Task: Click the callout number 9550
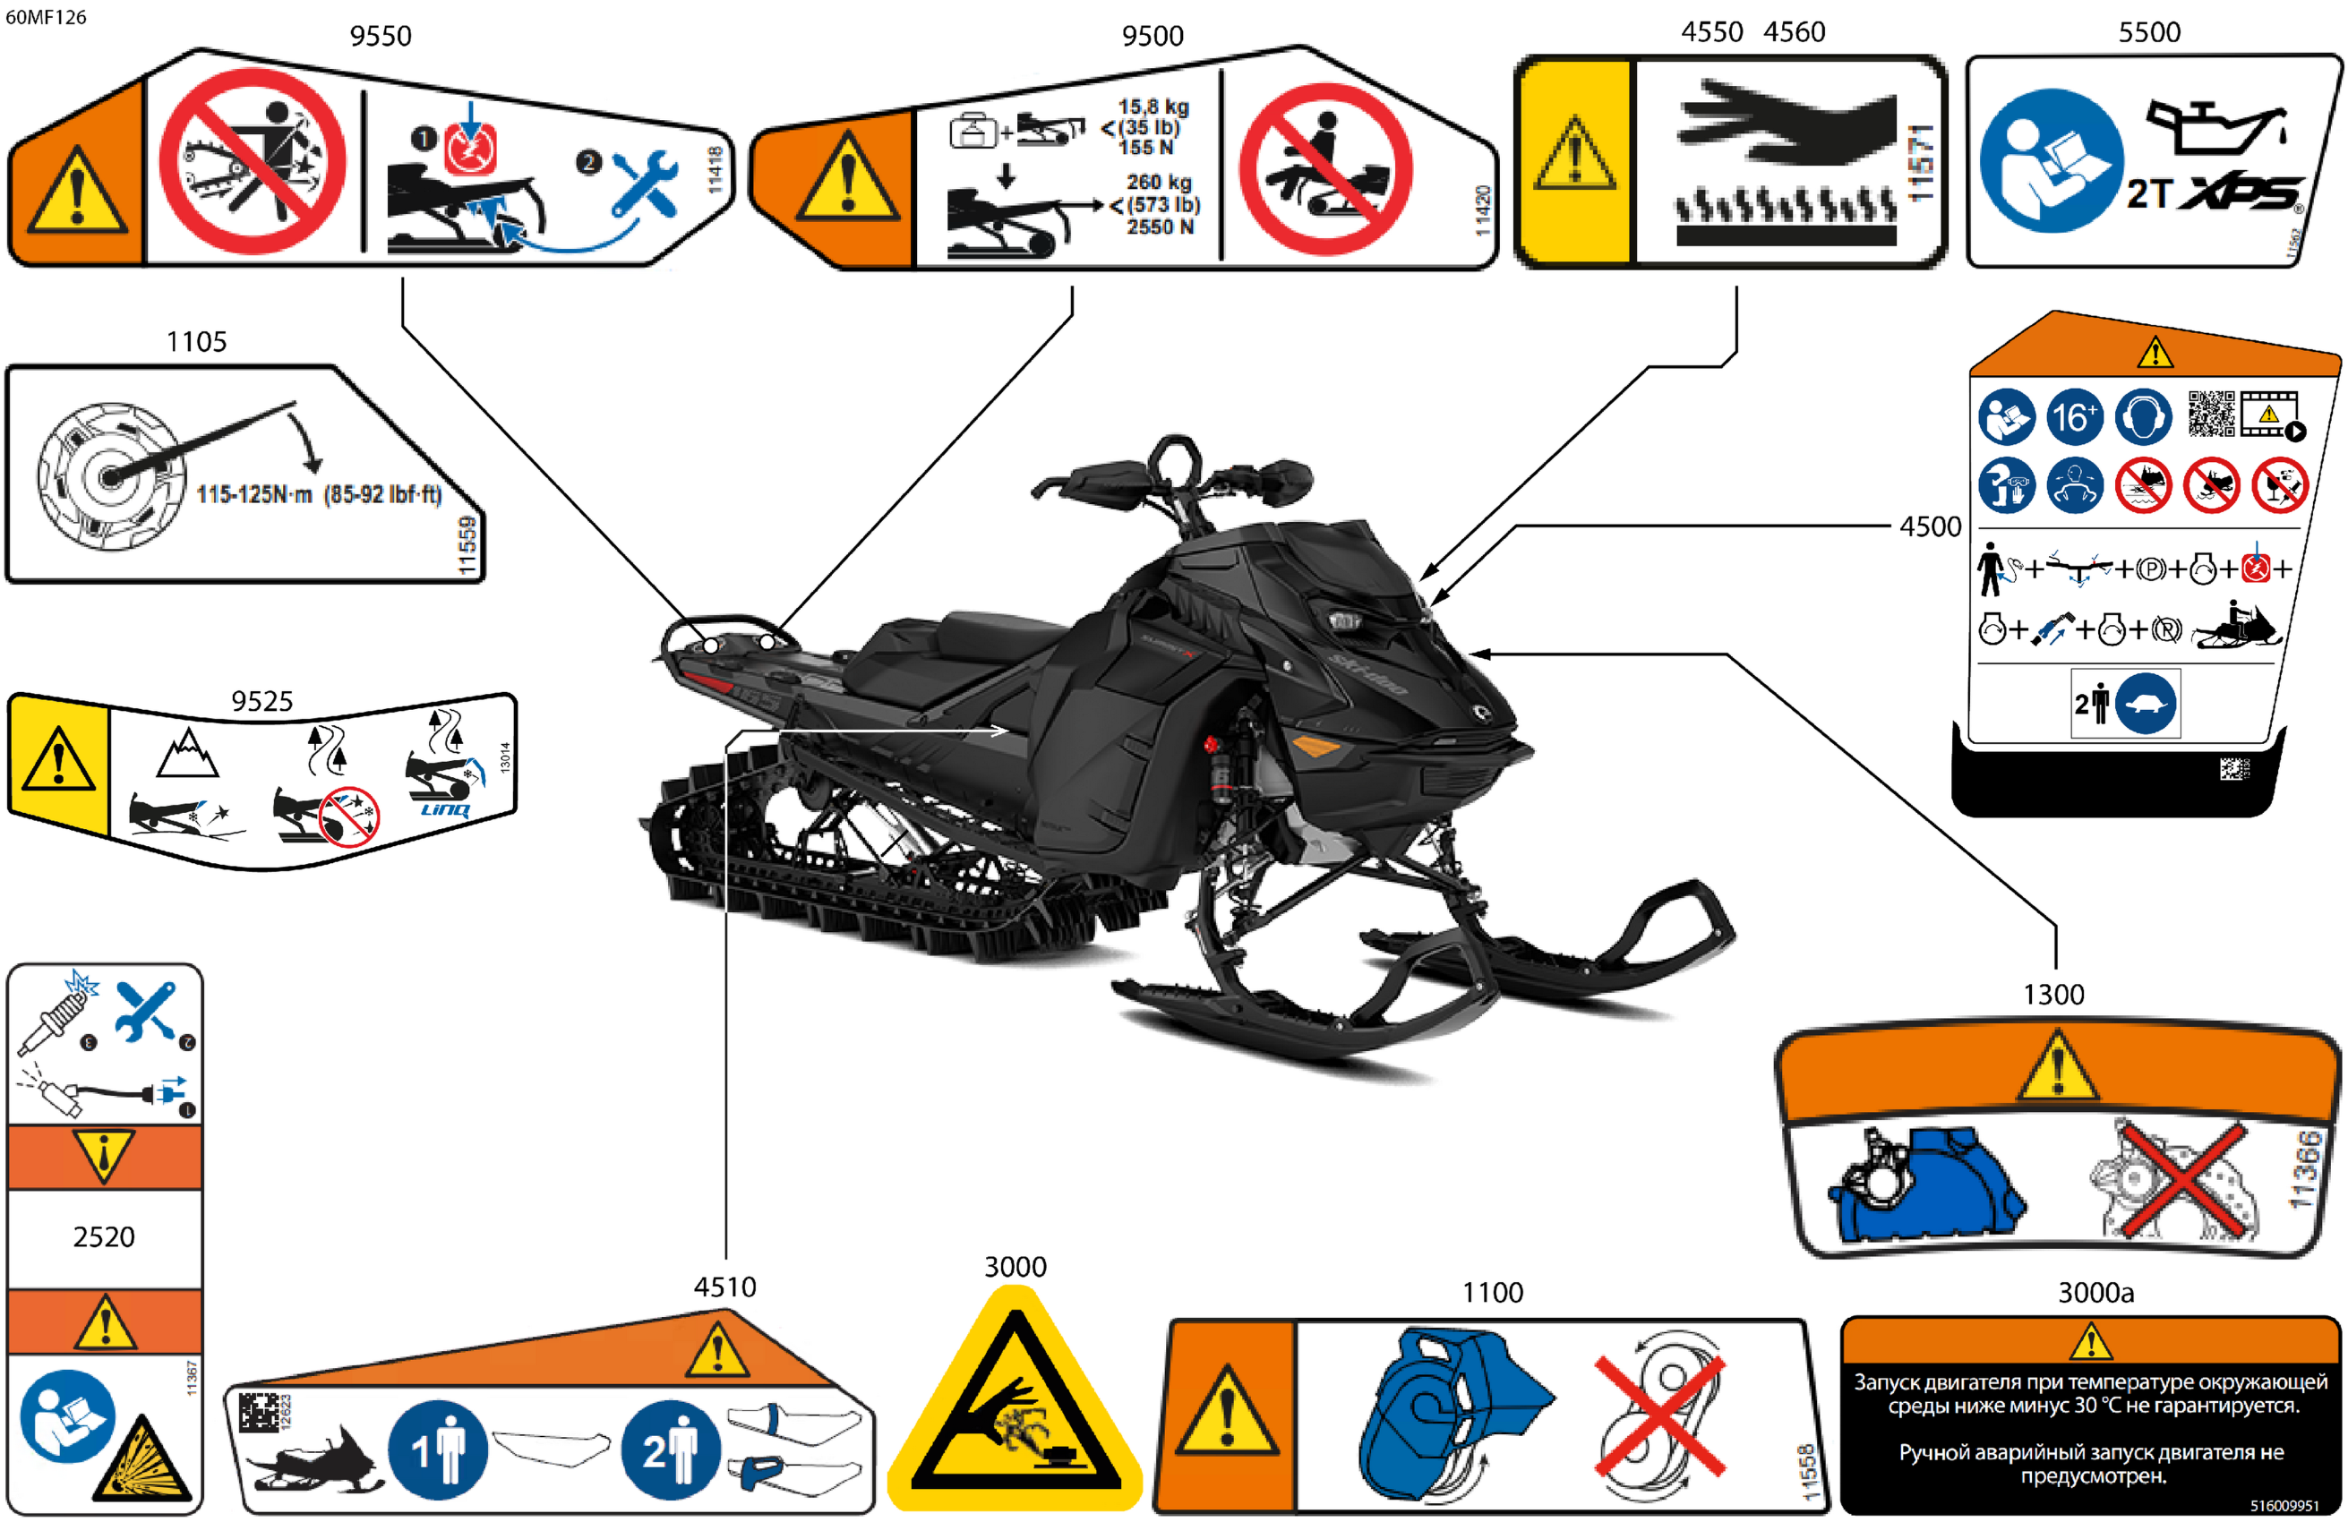pos(380,36)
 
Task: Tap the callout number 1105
pos(196,341)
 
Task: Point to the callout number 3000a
pos(2095,1292)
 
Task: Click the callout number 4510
pos(724,1287)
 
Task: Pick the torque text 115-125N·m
pos(254,493)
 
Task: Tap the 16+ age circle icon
pos(2074,417)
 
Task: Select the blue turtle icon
pos(2146,704)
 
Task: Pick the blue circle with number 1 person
pos(437,1450)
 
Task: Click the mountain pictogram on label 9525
pos(186,754)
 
